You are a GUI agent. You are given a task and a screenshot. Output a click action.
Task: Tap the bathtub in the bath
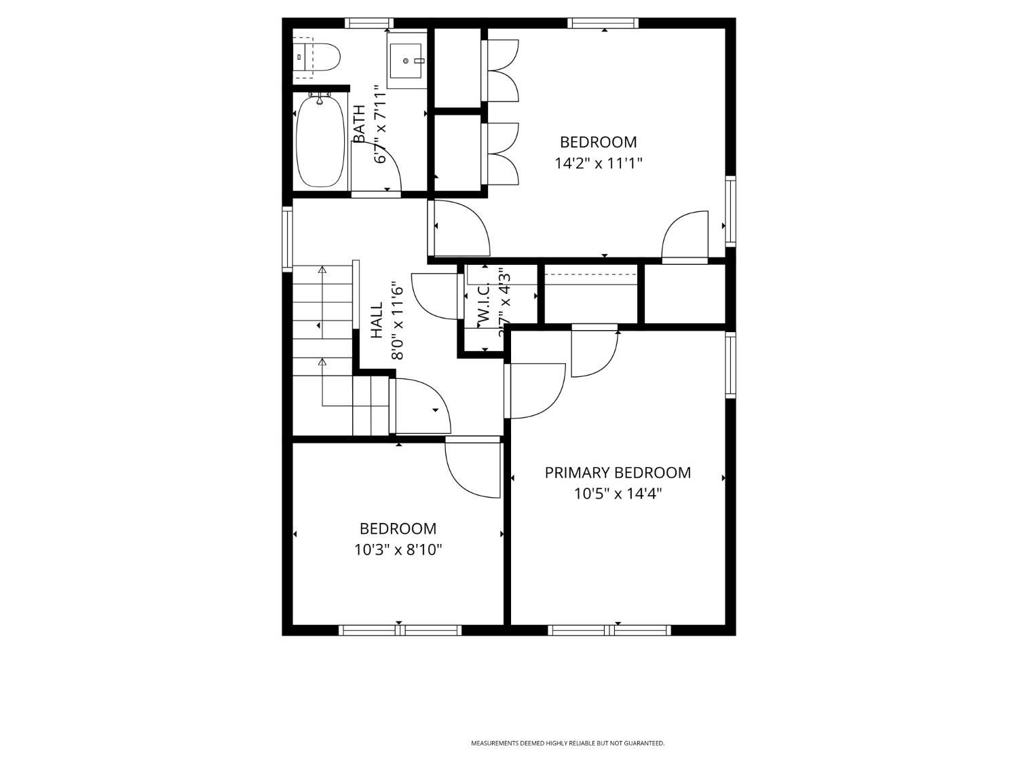tap(320, 141)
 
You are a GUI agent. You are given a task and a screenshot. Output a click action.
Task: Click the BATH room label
tap(359, 124)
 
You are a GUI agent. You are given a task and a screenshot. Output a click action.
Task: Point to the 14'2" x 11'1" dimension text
tap(598, 163)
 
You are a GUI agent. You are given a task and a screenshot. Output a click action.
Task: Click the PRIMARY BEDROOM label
tap(618, 473)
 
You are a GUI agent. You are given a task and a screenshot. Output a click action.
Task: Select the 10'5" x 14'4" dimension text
tap(618, 494)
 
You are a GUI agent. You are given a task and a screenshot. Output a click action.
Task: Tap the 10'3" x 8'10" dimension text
tap(398, 549)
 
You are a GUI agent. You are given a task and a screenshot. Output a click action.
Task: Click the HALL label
tap(377, 321)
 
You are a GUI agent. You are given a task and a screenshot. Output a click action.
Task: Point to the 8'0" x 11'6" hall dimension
tap(397, 321)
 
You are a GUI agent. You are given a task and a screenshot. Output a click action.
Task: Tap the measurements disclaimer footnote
tap(567, 744)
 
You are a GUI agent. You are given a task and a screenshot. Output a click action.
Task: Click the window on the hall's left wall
tap(287, 239)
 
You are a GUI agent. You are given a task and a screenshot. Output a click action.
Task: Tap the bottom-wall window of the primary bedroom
tap(609, 630)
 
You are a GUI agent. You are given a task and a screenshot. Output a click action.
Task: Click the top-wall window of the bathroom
tap(369, 23)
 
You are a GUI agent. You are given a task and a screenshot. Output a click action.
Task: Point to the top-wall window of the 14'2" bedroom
tap(603, 23)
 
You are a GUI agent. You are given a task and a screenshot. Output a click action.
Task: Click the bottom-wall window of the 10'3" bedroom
tap(400, 630)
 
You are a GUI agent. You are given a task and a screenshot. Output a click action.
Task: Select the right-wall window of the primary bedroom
tap(731, 365)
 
